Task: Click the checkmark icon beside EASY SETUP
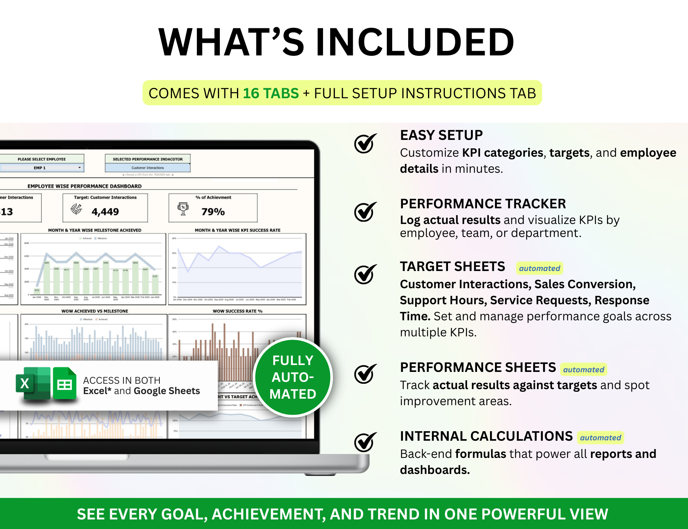(x=365, y=144)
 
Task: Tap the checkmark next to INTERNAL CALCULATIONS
(x=365, y=442)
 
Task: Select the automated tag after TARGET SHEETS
(x=539, y=268)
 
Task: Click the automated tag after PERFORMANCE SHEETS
(x=583, y=370)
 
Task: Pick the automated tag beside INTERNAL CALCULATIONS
(x=600, y=438)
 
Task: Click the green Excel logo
(x=33, y=383)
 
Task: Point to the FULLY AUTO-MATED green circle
(x=293, y=377)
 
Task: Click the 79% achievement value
(x=213, y=212)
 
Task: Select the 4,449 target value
(x=105, y=212)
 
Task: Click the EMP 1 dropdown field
(x=42, y=168)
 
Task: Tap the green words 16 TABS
(x=271, y=93)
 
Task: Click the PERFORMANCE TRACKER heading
(x=483, y=204)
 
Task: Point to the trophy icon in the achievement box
(x=183, y=209)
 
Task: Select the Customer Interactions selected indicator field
(x=148, y=168)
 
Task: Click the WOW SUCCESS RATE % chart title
(x=237, y=311)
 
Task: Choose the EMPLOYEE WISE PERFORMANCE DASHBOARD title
(x=84, y=186)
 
